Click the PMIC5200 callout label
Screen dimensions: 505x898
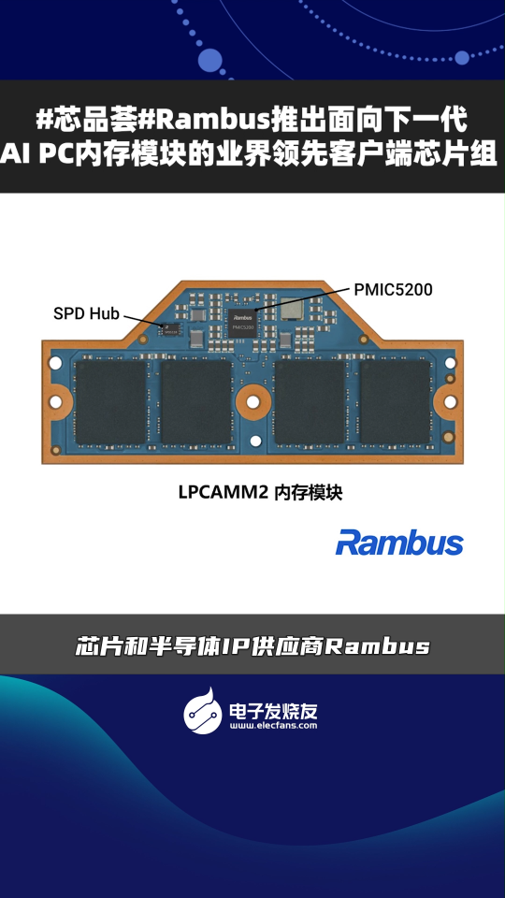click(x=393, y=290)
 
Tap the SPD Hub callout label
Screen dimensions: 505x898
click(x=86, y=313)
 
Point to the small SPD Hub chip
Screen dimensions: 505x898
click(x=170, y=329)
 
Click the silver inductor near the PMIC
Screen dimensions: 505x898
click(x=293, y=309)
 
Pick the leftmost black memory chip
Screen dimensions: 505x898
click(x=111, y=402)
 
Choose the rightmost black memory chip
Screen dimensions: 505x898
click(x=395, y=402)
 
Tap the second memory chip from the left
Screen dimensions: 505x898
click(x=196, y=402)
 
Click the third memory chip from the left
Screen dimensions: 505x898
click(x=310, y=402)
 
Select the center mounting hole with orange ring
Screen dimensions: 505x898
click(x=252, y=401)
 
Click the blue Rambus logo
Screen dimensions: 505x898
click(x=399, y=542)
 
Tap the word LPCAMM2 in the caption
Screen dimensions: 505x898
click(x=224, y=493)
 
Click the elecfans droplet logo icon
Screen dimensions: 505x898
click(x=203, y=711)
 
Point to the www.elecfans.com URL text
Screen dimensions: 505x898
click(x=274, y=725)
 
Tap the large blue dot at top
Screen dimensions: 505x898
click(x=209, y=60)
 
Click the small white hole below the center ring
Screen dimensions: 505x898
click(x=255, y=441)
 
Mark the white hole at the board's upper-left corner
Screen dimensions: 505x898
click(x=55, y=363)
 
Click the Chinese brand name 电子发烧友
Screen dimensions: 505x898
click(x=273, y=711)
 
